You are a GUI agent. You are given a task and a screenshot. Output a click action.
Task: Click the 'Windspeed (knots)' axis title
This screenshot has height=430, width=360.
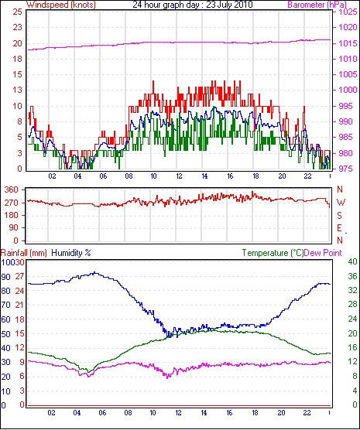(61, 5)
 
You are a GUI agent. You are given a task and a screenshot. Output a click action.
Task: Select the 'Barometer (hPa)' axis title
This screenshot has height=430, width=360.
(317, 5)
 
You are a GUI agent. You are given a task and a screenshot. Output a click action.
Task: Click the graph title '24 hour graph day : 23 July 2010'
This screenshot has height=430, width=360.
(193, 5)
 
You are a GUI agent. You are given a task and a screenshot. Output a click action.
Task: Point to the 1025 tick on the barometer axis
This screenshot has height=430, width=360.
(348, 12)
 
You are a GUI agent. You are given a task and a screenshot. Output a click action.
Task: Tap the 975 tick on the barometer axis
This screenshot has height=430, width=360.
(347, 169)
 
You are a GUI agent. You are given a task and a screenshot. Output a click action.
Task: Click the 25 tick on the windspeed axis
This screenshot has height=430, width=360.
(17, 12)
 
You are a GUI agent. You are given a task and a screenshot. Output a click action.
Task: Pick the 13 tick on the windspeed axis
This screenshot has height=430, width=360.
(17, 90)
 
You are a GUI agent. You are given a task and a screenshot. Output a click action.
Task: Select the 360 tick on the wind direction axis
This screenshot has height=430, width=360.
(12, 189)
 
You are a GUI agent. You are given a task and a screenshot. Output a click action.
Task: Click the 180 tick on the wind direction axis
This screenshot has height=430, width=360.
(12, 215)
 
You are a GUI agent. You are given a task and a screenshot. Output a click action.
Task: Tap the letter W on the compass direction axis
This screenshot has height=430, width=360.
(341, 203)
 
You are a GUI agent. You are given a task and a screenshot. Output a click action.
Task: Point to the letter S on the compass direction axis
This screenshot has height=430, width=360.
(340, 216)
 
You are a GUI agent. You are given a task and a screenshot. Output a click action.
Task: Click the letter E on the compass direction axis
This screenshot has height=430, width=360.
(340, 228)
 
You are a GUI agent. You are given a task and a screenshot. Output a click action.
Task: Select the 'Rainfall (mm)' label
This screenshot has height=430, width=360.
(24, 253)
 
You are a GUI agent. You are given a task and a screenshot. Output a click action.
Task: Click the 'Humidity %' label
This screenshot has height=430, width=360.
(71, 253)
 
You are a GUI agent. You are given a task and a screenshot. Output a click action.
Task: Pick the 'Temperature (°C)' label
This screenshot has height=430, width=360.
(273, 253)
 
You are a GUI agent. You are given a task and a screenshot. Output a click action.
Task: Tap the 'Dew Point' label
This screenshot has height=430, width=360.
(323, 253)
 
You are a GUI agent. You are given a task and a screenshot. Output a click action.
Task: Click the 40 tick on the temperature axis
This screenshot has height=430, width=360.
(352, 262)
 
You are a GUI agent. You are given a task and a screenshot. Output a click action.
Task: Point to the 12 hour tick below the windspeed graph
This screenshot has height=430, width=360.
(179, 176)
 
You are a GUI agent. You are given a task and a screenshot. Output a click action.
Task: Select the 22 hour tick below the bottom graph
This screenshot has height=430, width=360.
(307, 413)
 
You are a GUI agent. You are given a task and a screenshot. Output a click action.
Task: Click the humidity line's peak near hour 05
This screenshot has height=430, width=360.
(94, 273)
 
